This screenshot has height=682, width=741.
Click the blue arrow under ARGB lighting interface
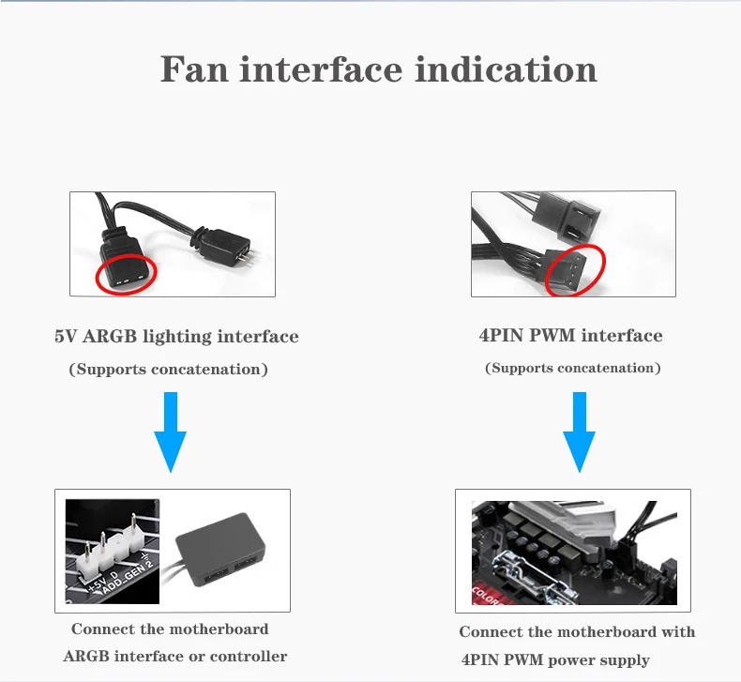tap(170, 432)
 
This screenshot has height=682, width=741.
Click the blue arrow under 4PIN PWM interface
tap(579, 432)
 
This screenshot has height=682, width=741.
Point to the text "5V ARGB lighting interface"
tap(176, 336)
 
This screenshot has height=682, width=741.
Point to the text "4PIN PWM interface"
tap(570, 336)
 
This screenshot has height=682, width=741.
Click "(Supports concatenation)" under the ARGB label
tap(169, 370)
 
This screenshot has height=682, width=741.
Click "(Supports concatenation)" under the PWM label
tap(572, 368)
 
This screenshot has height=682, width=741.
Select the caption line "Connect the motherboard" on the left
tap(170, 629)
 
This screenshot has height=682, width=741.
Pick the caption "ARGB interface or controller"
tap(174, 656)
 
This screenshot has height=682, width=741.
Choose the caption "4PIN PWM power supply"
tap(555, 659)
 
